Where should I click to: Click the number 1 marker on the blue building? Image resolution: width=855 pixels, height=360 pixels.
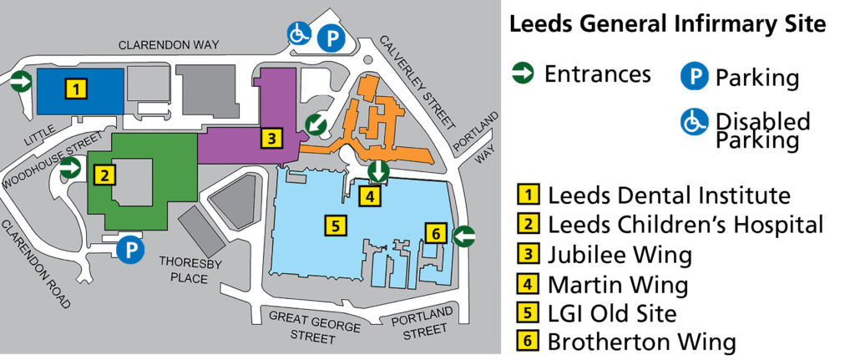tap(76, 88)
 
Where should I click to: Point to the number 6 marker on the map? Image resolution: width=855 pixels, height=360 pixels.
tap(434, 233)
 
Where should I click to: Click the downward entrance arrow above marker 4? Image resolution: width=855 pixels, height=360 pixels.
tap(378, 171)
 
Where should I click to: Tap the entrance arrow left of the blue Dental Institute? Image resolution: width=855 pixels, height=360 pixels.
tap(20, 81)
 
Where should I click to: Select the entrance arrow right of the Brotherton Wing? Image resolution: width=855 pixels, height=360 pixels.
tap(464, 236)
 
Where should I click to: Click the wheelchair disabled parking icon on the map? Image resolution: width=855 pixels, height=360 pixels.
tap(299, 33)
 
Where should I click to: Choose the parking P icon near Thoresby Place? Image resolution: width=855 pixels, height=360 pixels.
tap(130, 249)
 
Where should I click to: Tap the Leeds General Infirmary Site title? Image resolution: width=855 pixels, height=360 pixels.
tap(667, 25)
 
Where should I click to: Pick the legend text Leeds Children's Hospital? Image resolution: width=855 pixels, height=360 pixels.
tap(685, 225)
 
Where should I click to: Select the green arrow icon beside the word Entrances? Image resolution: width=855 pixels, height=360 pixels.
tap(524, 74)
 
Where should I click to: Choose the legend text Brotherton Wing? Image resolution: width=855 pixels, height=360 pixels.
tap(641, 342)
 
